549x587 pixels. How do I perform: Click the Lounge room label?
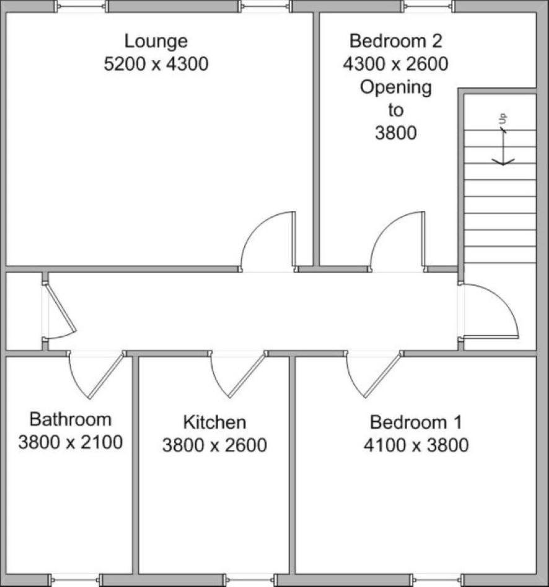coord(156,42)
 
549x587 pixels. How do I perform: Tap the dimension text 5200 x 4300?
coord(156,64)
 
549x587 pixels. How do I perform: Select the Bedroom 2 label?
coord(396,41)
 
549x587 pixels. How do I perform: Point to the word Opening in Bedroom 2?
coord(396,87)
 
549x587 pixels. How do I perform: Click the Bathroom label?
coord(71,419)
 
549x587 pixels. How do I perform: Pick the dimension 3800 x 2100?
coord(71,442)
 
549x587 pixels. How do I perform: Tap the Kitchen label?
coord(214,423)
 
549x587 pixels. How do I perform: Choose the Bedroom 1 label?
coord(416,423)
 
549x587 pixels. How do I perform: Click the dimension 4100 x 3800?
coord(416,445)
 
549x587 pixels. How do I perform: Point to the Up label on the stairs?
coord(503,119)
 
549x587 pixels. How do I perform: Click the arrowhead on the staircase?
coord(503,162)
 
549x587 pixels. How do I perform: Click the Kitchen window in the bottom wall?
coord(250,580)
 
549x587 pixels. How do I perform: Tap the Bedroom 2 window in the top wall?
coord(428,6)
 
